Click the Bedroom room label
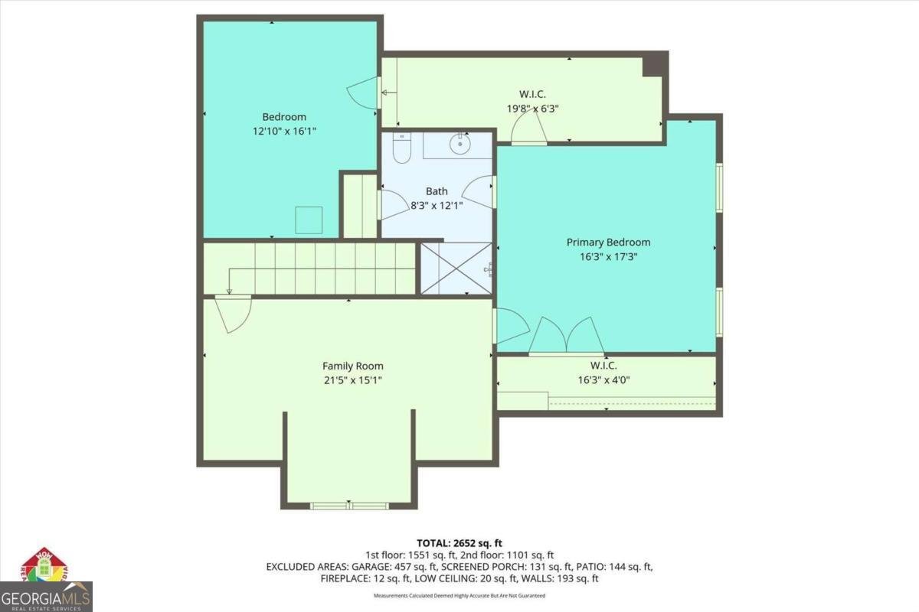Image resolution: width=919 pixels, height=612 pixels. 284,117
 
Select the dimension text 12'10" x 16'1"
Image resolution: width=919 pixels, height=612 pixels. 284,131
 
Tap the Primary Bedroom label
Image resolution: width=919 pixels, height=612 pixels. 608,243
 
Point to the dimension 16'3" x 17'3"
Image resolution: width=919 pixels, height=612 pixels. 608,257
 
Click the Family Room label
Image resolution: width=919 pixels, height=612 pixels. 352,366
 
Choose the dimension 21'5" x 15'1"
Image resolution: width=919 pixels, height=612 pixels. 352,380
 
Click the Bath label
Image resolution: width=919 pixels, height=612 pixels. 437,191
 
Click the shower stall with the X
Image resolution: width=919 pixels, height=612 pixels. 456,268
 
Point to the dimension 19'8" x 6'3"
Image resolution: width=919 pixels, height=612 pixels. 532,109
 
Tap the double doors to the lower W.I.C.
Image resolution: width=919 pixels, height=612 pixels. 567,337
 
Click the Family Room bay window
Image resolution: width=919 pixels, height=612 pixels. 349,506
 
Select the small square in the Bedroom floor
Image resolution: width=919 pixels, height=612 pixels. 309,221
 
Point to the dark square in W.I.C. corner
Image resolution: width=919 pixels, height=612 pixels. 652,65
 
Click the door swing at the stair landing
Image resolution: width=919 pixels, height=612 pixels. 233,314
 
